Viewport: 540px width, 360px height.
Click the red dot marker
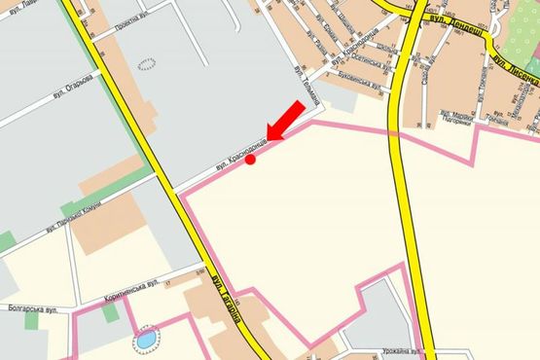(251, 160)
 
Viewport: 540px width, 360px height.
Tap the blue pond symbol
(145, 340)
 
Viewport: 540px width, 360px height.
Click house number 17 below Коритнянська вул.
(166, 283)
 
